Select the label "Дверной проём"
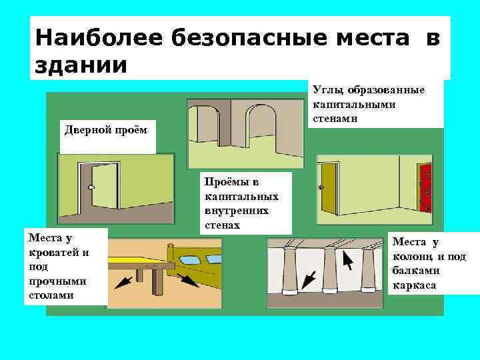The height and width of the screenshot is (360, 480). tap(106, 128)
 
